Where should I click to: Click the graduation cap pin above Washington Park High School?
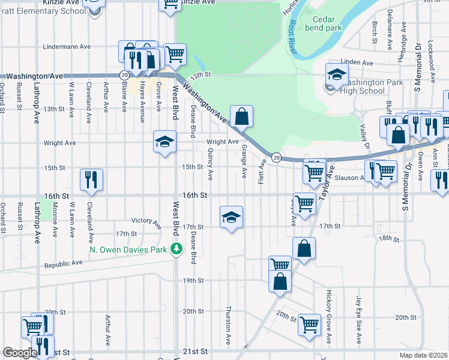[337, 75]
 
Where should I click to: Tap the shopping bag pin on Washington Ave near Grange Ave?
[241, 116]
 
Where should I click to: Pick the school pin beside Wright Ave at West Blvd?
[164, 142]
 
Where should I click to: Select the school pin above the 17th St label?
[231, 217]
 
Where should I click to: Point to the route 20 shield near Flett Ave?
[276, 157]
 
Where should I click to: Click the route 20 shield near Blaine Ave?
[123, 75]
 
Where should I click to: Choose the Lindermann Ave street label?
[67, 46]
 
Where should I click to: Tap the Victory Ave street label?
[147, 223]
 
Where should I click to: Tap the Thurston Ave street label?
[228, 324]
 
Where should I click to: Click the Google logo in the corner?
[19, 353]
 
